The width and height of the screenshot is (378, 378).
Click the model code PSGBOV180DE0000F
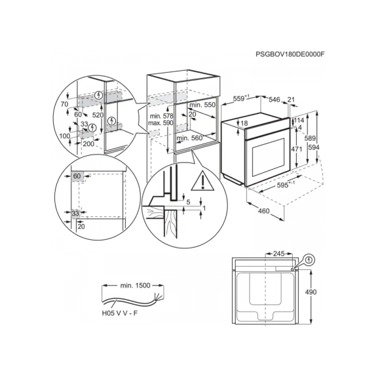(x=290, y=54)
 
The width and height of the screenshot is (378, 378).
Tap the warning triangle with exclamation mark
(x=202, y=181)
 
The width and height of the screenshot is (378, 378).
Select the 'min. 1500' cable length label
(x=135, y=286)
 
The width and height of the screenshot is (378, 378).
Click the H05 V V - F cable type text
(x=120, y=313)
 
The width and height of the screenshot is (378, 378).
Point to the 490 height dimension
(x=311, y=292)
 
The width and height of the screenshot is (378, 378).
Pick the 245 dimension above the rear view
(x=278, y=254)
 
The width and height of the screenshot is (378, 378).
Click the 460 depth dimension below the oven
(x=263, y=211)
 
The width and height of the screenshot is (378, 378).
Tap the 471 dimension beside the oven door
(x=296, y=149)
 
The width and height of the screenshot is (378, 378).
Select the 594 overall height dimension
(x=314, y=147)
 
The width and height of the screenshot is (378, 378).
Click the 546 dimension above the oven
(x=274, y=100)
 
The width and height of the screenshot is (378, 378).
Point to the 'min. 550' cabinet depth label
(x=202, y=105)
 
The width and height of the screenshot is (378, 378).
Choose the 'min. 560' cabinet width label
(x=189, y=138)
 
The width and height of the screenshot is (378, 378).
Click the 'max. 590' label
(x=161, y=123)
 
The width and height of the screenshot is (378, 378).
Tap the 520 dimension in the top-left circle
(x=98, y=115)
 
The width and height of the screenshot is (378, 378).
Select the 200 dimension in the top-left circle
(x=88, y=144)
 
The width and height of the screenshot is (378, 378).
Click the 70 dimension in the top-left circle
(x=64, y=104)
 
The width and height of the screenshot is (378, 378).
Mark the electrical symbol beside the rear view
(x=309, y=260)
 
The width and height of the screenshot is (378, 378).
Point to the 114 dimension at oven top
(x=299, y=120)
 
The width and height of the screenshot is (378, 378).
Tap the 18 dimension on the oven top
(x=244, y=123)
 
